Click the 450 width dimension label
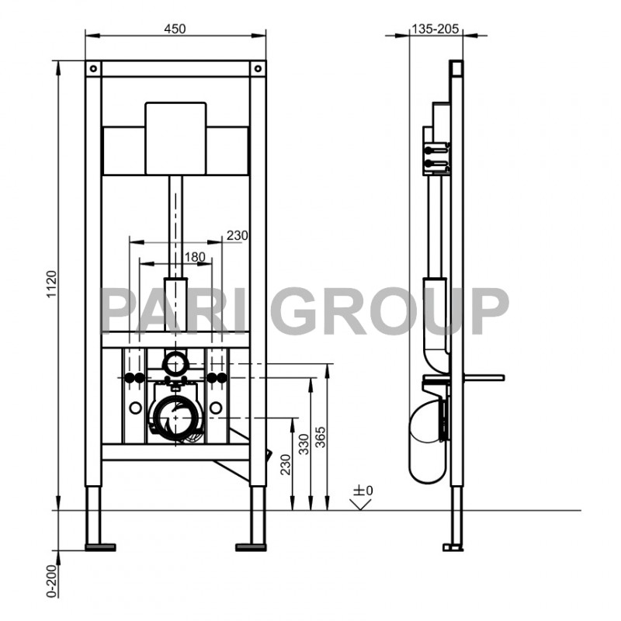[x=175, y=29]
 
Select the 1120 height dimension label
[x=52, y=285]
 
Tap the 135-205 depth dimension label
[x=435, y=29]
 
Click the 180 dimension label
[x=195, y=257]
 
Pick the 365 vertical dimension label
[x=320, y=444]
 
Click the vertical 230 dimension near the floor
[x=286, y=463]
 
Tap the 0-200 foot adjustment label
[x=52, y=579]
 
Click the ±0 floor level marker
[x=363, y=491]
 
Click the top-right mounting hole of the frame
[x=258, y=68]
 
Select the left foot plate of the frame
[x=99, y=546]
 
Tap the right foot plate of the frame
[x=250, y=546]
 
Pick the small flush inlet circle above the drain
[x=175, y=361]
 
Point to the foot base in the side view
[x=450, y=546]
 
